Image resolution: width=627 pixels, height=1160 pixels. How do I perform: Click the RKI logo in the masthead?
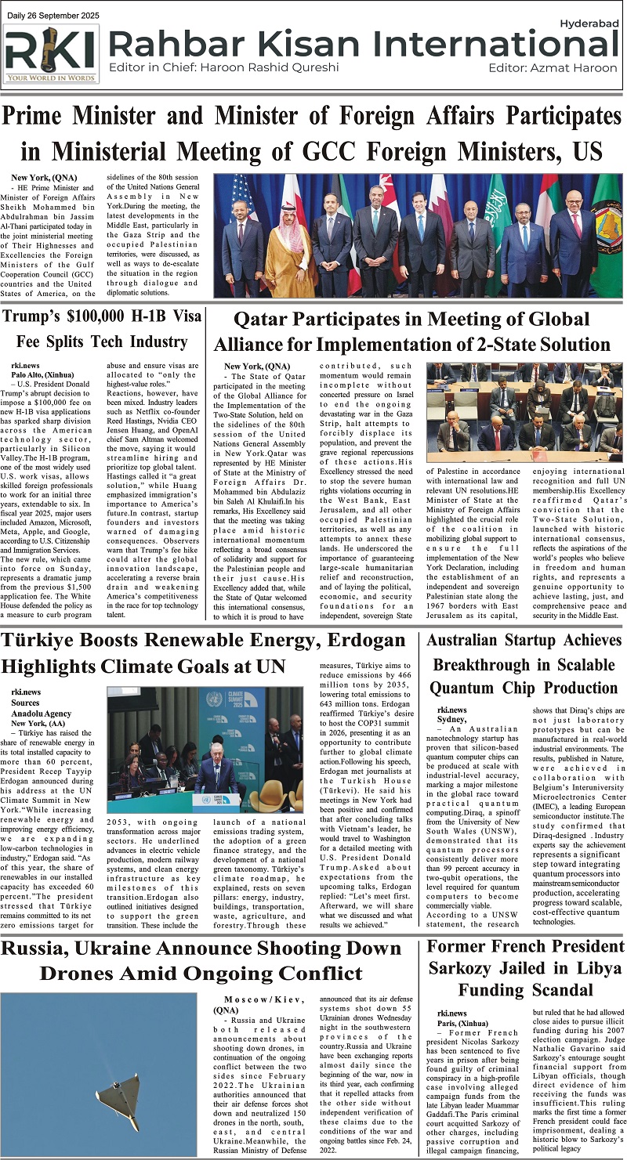pyautogui.click(x=52, y=53)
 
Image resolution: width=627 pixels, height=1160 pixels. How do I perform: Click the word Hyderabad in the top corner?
pyautogui.click(x=593, y=25)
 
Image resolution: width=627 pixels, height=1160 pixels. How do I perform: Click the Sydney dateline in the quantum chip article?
pyautogui.click(x=451, y=719)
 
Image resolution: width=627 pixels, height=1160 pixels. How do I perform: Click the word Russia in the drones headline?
pyautogui.click(x=52, y=949)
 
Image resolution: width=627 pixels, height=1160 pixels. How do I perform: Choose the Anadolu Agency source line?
pyautogui.click(x=41, y=714)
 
